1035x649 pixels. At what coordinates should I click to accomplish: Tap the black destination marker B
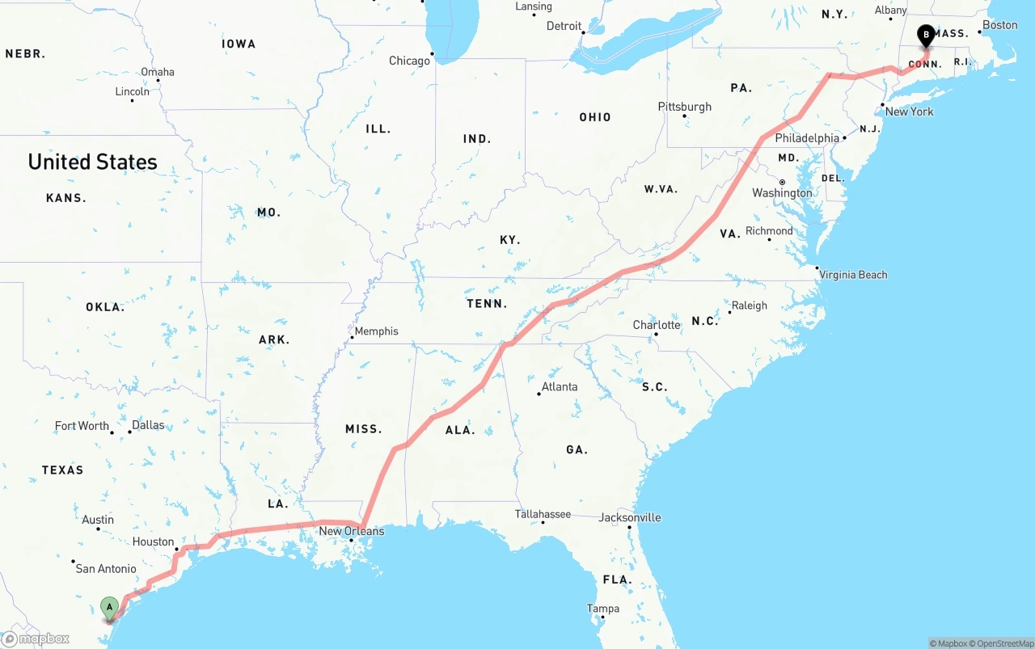click(926, 35)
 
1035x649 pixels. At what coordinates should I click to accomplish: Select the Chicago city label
click(409, 61)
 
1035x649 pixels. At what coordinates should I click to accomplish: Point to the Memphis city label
click(376, 331)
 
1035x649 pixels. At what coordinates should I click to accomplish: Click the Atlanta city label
click(560, 386)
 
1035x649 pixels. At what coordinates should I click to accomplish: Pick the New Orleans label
click(351, 531)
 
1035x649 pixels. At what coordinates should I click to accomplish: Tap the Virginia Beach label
click(853, 275)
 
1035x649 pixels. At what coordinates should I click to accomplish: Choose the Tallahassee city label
click(543, 514)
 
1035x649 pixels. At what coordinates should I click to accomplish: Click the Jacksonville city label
click(630, 517)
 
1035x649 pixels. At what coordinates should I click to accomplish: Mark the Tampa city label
click(603, 609)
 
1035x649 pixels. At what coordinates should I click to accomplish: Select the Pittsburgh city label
click(685, 107)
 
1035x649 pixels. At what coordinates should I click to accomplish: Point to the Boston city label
click(1000, 25)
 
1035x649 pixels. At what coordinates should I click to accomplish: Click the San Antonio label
click(106, 569)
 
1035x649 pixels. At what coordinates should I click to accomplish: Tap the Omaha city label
click(158, 72)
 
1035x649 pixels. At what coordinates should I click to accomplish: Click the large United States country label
click(93, 162)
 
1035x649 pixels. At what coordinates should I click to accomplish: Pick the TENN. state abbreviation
click(487, 304)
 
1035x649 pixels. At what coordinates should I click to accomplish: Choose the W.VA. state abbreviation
click(661, 189)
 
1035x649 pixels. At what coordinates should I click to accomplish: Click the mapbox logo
click(36, 638)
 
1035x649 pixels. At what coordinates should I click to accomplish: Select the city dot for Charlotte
click(656, 335)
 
